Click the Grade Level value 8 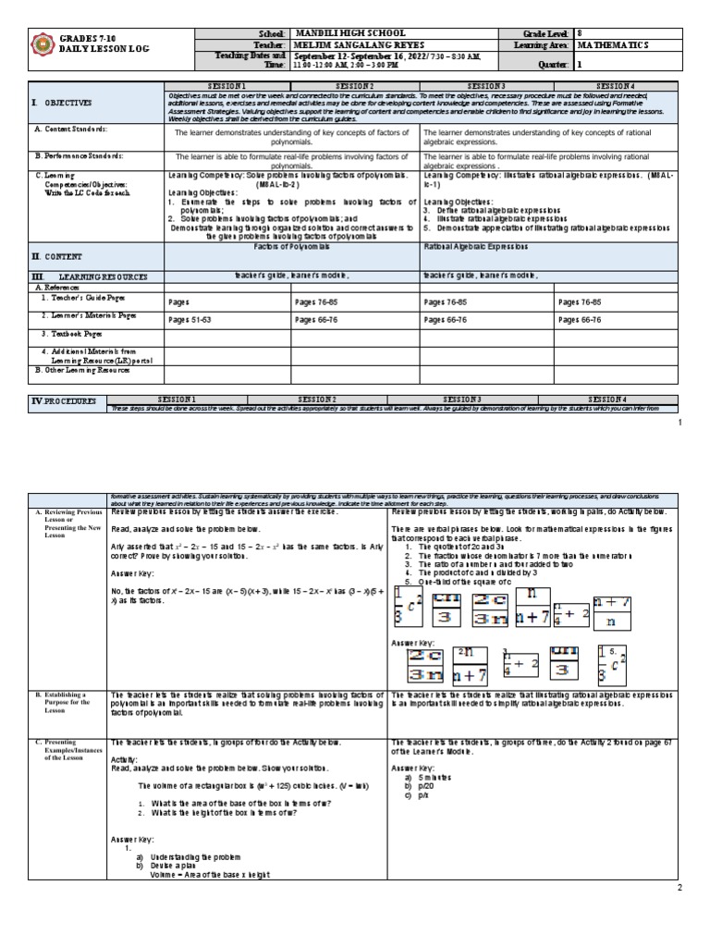click(580, 33)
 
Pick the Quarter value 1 click(580, 66)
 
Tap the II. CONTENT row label click(61, 256)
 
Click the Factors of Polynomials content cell click(291, 249)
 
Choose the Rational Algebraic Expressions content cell click(475, 249)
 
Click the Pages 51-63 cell click(190, 319)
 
